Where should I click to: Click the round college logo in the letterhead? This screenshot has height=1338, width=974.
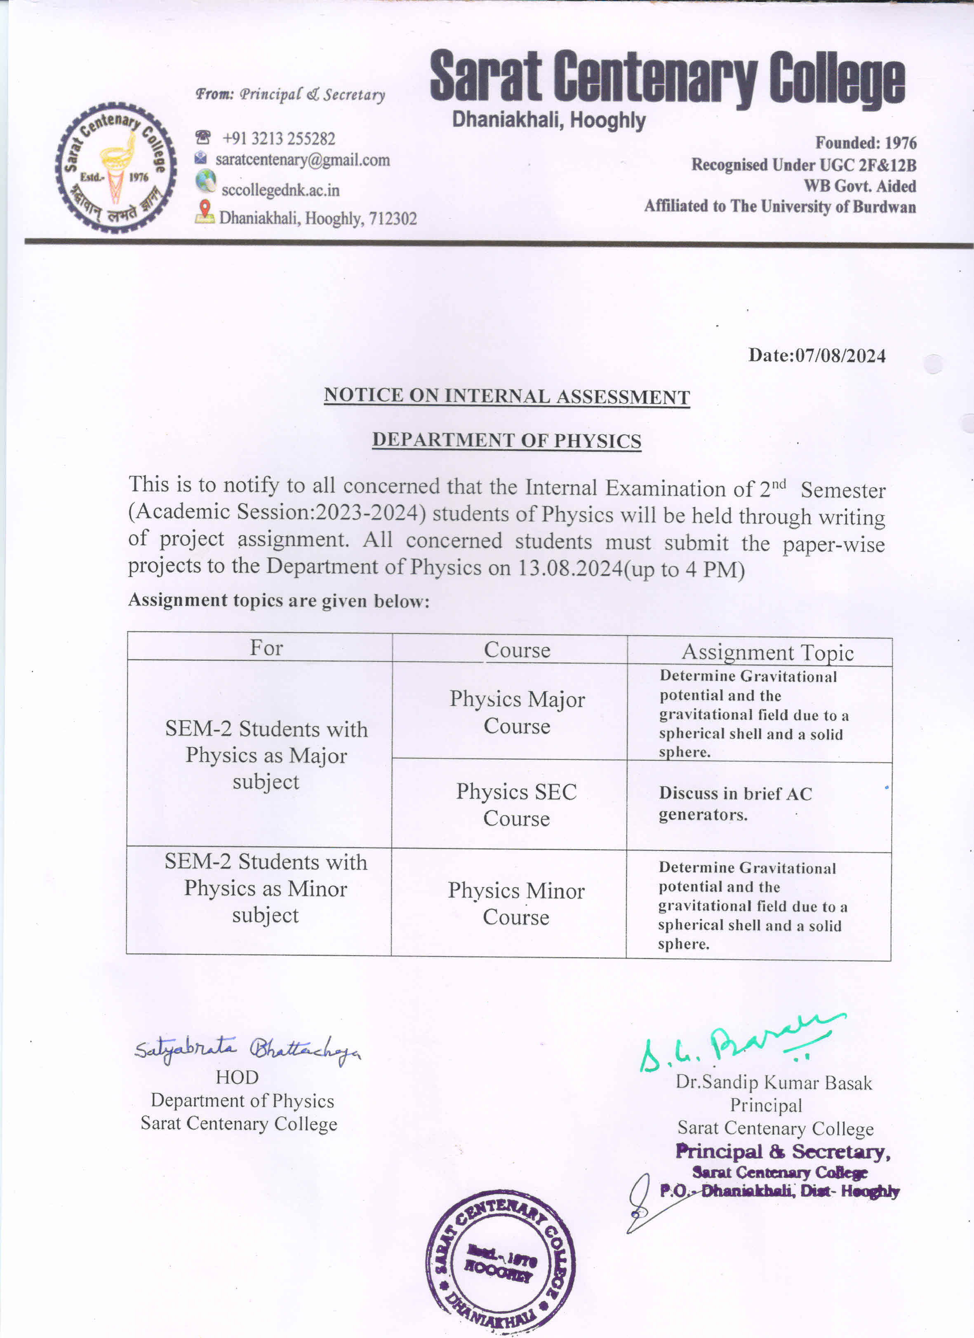[116, 168]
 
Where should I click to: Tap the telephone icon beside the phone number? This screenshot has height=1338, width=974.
[202, 138]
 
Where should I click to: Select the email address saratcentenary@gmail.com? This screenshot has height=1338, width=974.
[302, 160]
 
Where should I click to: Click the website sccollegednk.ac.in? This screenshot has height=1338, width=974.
[280, 190]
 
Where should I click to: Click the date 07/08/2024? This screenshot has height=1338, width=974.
[840, 356]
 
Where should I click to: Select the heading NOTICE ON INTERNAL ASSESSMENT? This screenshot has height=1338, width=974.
[506, 396]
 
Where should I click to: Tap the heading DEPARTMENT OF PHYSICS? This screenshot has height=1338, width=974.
[506, 441]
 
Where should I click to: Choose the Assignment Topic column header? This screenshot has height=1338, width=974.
[767, 652]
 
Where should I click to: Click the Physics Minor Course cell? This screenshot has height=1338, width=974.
[516, 903]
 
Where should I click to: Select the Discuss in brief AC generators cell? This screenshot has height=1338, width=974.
[735, 804]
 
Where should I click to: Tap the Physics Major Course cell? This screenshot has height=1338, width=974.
[517, 712]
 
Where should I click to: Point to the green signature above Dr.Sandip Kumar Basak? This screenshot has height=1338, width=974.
[741, 1045]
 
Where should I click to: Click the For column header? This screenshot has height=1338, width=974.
[266, 648]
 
